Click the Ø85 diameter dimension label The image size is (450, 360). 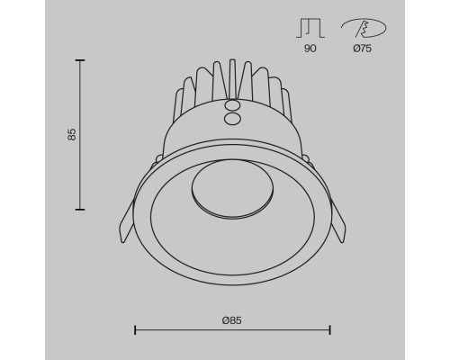232,320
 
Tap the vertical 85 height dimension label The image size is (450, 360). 72,134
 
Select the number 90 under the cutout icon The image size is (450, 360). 310,48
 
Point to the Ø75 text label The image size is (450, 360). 363,48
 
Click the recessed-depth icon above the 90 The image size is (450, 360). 310,28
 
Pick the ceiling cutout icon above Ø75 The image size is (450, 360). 364,28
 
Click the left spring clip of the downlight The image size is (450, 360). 127,222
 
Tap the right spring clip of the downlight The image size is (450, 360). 338,222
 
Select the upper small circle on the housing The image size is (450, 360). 232,105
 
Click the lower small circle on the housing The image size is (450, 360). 232,119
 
